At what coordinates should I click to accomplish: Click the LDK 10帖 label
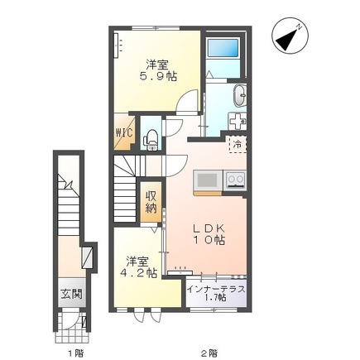coord(207,233)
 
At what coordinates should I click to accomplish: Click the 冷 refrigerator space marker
coord(237,143)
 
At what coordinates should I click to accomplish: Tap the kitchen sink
coord(207,179)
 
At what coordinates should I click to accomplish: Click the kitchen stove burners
coord(233,179)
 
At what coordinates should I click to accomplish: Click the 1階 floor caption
coord(74,352)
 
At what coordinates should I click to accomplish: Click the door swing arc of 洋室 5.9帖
coord(190,101)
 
